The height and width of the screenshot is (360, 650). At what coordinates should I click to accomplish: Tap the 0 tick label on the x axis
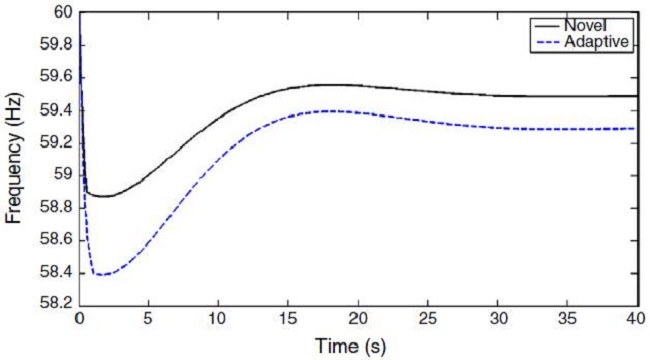click(79, 319)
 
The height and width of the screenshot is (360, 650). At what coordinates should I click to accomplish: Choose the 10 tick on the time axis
click(218, 319)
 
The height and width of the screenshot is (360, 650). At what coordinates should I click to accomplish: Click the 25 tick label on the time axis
click(427, 319)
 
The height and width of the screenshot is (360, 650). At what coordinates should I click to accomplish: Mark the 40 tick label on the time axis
click(636, 319)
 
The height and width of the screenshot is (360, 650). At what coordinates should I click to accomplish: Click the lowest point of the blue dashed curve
click(99, 274)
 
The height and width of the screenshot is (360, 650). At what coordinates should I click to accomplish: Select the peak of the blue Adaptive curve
click(330, 111)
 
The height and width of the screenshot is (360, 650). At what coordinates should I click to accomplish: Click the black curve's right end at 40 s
click(637, 96)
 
